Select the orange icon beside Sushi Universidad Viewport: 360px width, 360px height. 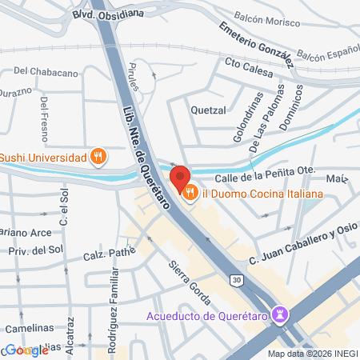pyautogui.click(x=98, y=157)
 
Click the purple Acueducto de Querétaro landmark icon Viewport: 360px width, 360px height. pyautogui.click(x=280, y=314)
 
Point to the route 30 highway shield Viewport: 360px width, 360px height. pyautogui.click(x=236, y=280)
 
